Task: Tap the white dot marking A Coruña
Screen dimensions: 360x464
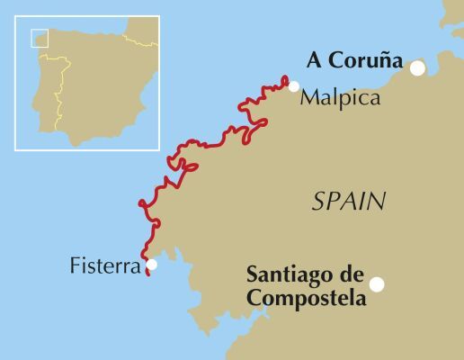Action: coord(417,67)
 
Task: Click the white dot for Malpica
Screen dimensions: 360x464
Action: coord(294,86)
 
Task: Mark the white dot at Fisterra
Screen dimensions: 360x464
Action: coord(151,265)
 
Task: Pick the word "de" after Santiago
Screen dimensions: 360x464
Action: coord(346,274)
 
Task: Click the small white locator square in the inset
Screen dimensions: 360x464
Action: coord(40,38)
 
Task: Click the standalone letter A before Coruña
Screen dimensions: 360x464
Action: coord(314,60)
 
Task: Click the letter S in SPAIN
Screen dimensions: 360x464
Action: coord(318,202)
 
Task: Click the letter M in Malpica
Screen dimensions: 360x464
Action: coord(308,95)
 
